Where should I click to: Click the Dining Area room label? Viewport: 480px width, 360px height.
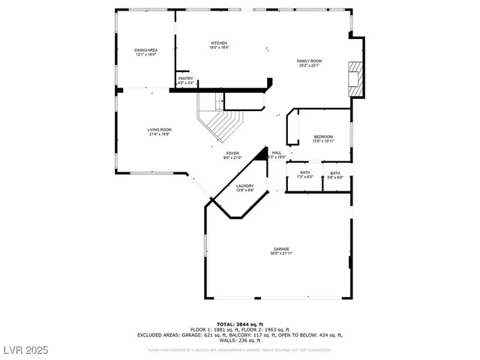pos(146,49)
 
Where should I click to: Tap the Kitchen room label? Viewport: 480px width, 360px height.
pos(219,43)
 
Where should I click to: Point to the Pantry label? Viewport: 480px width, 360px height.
pos(184,78)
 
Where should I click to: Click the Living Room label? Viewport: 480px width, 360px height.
pos(159,130)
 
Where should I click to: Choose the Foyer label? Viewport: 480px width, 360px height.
pos(233,153)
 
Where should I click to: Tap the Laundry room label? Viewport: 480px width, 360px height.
pos(244,186)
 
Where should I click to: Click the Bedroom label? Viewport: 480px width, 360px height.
pos(323,136)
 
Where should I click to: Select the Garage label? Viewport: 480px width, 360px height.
pos(281,249)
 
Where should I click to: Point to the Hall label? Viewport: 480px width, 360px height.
pos(277,152)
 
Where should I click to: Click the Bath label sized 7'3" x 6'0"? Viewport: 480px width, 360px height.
pos(305,172)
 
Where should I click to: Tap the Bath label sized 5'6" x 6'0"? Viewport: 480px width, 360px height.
pos(334,172)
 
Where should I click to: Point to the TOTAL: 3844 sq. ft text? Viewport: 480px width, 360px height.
pos(240,323)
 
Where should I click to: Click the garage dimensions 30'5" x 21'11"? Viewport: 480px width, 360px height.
pos(281,253)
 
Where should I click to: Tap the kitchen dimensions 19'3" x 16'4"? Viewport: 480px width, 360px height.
pos(219,47)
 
